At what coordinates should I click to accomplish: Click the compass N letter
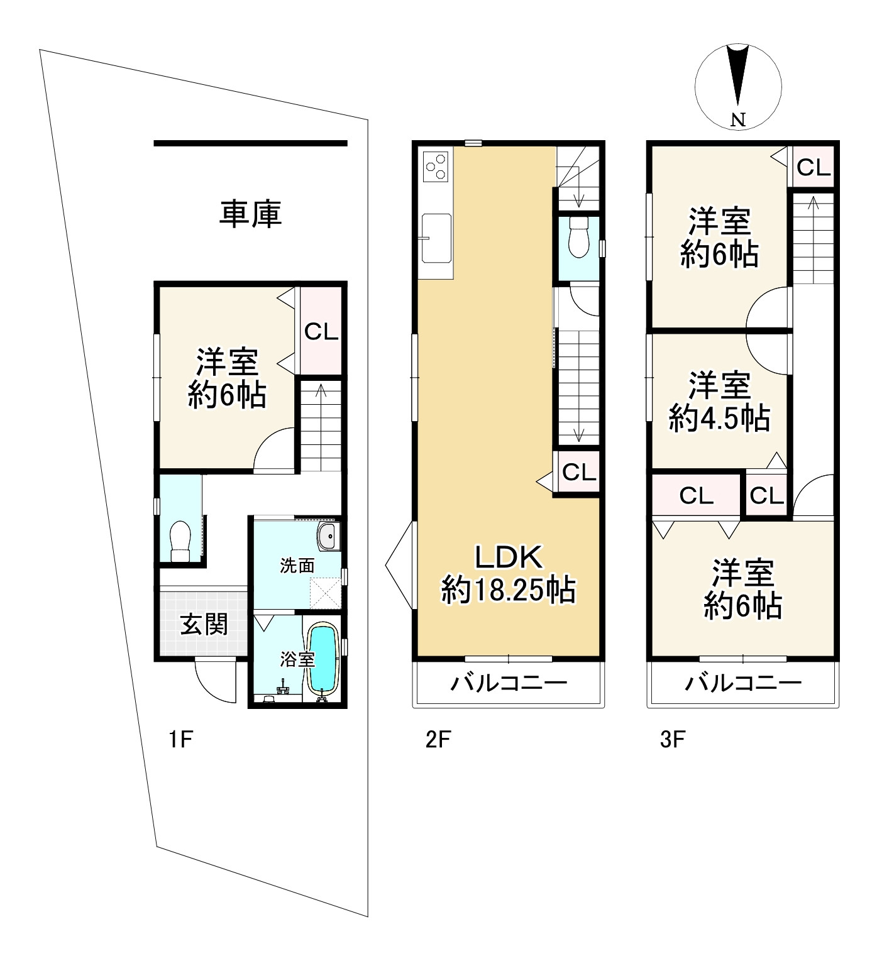[x=738, y=120]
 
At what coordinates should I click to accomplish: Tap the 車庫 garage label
[x=250, y=214]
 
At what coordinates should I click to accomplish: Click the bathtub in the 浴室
[x=323, y=658]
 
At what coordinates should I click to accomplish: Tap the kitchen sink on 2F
[x=436, y=238]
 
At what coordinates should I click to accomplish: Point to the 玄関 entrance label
[x=204, y=625]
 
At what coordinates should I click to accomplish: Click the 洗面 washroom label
[x=297, y=566]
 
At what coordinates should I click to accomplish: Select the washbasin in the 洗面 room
[x=328, y=536]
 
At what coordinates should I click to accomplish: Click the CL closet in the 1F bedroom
[x=321, y=331]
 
